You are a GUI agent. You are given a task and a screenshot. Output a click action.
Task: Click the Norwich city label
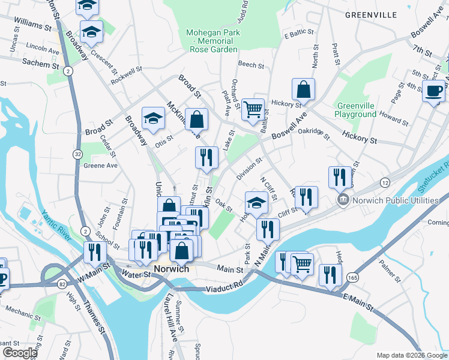point(171,269)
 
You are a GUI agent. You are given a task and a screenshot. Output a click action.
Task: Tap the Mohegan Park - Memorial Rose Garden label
point(212,41)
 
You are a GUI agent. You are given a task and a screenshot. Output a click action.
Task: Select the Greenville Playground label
point(356,110)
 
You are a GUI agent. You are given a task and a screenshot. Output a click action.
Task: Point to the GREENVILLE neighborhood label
point(372,14)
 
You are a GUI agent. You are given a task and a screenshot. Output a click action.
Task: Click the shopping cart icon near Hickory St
point(253,109)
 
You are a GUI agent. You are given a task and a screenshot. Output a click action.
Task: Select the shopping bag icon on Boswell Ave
point(304,89)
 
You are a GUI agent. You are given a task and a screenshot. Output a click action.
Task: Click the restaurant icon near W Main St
point(95,251)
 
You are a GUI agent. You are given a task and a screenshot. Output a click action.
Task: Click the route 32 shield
point(78,154)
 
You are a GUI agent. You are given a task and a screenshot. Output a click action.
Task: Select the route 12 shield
point(384,182)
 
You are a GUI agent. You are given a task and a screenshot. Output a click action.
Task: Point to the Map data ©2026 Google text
point(411,355)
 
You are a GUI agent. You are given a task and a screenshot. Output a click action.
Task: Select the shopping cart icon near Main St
point(302,263)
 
